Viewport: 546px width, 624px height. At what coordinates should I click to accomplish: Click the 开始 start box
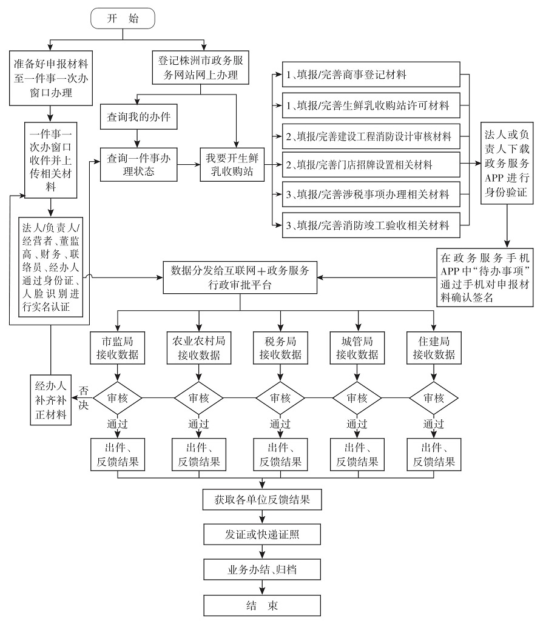[123, 19]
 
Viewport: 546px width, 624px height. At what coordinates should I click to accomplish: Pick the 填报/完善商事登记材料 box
[371, 75]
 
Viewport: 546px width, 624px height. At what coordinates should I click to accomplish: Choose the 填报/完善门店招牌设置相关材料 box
[371, 164]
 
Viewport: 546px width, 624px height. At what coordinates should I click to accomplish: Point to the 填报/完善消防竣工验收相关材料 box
[371, 225]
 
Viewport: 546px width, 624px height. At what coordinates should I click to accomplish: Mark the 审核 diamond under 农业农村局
[198, 398]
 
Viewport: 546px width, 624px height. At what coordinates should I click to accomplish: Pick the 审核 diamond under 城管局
[357, 398]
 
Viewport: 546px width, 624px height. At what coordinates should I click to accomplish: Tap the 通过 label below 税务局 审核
[280, 424]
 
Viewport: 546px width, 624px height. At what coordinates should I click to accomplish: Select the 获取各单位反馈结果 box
[262, 500]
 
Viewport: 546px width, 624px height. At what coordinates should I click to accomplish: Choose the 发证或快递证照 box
[262, 535]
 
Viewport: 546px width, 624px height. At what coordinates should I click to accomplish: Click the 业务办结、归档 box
[262, 570]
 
